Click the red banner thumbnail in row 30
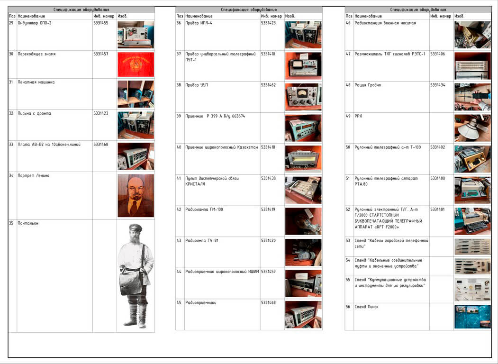click(x=136, y=65)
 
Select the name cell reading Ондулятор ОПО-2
click(x=34, y=23)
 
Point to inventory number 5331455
click(x=100, y=23)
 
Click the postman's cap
click(x=136, y=227)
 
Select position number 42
click(x=179, y=209)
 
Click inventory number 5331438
click(x=268, y=178)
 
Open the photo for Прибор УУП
click(x=303, y=97)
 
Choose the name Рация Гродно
click(x=368, y=85)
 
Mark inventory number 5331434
click(x=438, y=85)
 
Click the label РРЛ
click(x=358, y=116)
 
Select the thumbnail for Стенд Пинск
click(x=472, y=317)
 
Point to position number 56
click(x=348, y=307)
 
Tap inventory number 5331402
click(x=438, y=147)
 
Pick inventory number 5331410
click(x=268, y=54)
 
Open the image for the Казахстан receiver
click(x=303, y=159)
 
